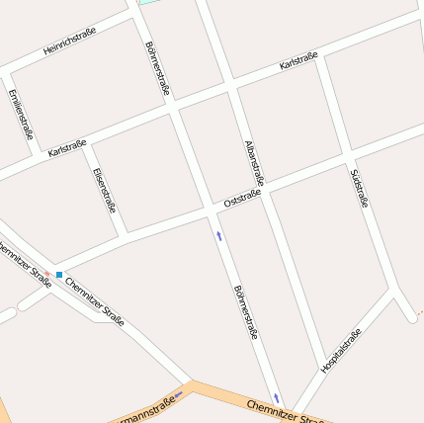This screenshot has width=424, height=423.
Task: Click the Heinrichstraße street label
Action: point(70,42)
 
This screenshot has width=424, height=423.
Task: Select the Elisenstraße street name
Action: point(105,191)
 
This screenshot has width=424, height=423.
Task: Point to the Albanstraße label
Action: point(254,162)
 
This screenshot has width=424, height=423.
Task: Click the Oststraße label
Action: point(242,200)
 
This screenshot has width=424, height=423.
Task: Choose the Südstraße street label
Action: point(359,188)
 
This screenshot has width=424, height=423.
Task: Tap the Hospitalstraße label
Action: point(341,350)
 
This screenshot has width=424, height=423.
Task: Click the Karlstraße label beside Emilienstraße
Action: point(67,147)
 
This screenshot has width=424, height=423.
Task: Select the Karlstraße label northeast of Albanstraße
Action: point(298,61)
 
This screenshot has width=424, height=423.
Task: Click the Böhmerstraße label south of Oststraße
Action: point(245,312)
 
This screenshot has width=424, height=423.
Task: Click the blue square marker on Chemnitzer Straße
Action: point(59,275)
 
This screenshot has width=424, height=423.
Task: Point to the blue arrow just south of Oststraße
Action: point(218,236)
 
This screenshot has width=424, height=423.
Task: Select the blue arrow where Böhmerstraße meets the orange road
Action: point(277,397)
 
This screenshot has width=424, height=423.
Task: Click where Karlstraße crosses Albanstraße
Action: point(233,86)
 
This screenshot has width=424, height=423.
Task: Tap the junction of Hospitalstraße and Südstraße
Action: point(395,292)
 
